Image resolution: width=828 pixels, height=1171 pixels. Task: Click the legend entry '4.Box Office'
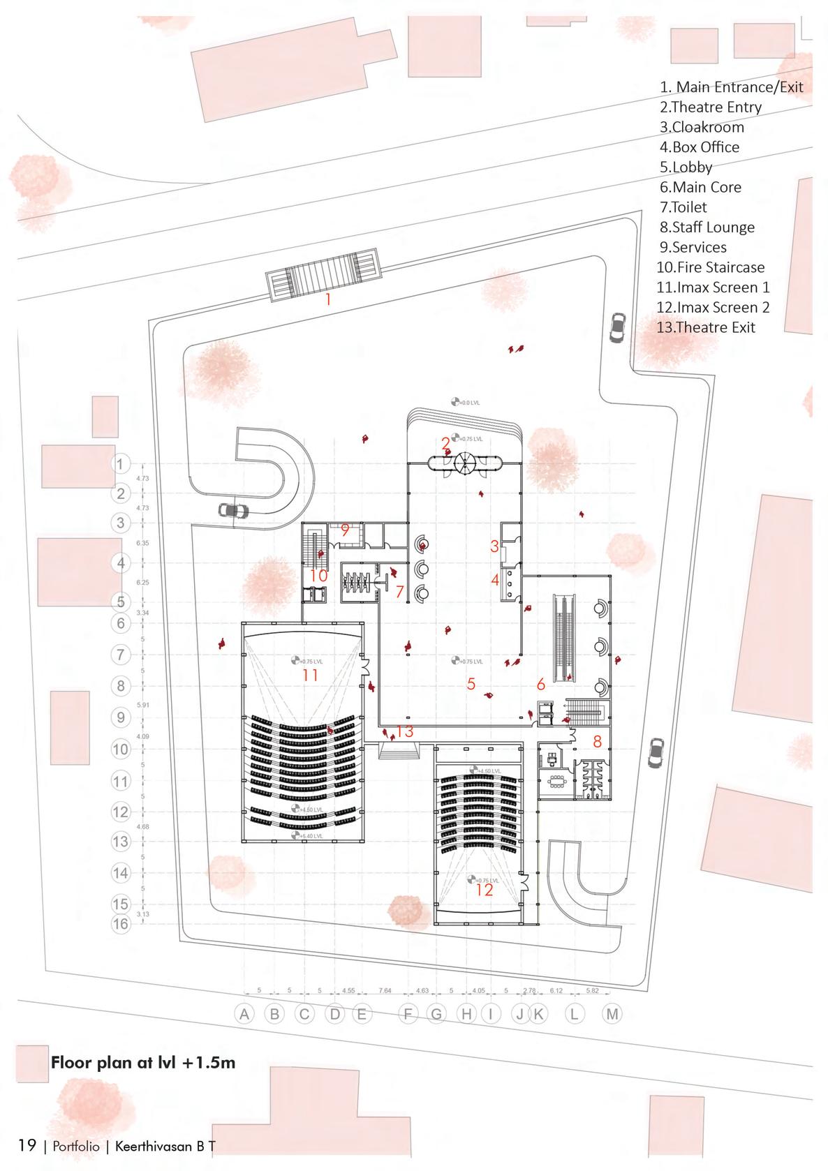pyautogui.click(x=700, y=147)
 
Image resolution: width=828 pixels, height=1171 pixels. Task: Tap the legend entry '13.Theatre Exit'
pyautogui.click(x=707, y=327)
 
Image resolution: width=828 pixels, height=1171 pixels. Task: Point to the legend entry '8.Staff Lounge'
pyautogui.click(x=707, y=228)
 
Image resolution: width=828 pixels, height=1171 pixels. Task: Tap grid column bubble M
pyautogui.click(x=612, y=1014)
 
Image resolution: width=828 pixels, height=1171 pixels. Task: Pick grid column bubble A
pyautogui.click(x=244, y=1014)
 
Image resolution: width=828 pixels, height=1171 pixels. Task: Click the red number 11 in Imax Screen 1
pyautogui.click(x=310, y=675)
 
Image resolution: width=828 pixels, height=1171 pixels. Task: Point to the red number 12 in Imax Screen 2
pyautogui.click(x=484, y=890)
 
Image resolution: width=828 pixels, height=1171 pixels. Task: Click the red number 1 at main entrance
pyautogui.click(x=328, y=300)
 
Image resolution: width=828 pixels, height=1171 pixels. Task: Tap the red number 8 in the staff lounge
pyautogui.click(x=597, y=742)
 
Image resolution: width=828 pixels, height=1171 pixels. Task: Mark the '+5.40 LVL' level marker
pyautogui.click(x=306, y=835)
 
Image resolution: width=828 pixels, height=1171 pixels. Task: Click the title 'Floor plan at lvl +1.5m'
pyautogui.click(x=143, y=1063)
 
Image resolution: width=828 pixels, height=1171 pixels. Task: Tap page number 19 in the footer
pyautogui.click(x=27, y=1146)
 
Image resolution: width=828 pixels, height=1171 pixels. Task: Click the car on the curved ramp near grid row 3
pyautogui.click(x=233, y=510)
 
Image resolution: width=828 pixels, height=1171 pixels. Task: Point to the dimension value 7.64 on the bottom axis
pyautogui.click(x=385, y=990)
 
